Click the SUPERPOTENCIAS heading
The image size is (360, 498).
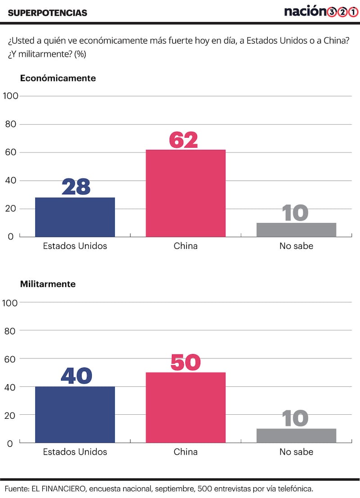[x=48, y=13]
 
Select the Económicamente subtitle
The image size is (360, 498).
[x=58, y=78]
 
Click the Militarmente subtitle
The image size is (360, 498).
[x=48, y=284]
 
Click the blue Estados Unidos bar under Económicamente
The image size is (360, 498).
[x=75, y=217]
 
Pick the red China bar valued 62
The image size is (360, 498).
[x=185, y=193]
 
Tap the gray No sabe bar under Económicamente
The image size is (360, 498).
[x=296, y=230]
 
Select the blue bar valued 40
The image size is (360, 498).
[x=75, y=415]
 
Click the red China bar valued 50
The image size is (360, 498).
[x=185, y=408]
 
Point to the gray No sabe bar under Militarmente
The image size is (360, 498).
[x=296, y=436]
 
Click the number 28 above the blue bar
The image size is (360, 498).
[x=76, y=187]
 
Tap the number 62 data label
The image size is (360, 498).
[x=184, y=139]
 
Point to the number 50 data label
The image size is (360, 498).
[x=185, y=363]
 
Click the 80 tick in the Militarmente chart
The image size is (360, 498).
[x=12, y=331]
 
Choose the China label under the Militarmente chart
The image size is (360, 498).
[x=185, y=452]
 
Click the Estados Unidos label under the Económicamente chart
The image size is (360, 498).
[x=75, y=246]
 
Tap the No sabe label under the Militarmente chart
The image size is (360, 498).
[x=296, y=452]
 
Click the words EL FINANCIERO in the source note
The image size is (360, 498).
[x=57, y=489]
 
